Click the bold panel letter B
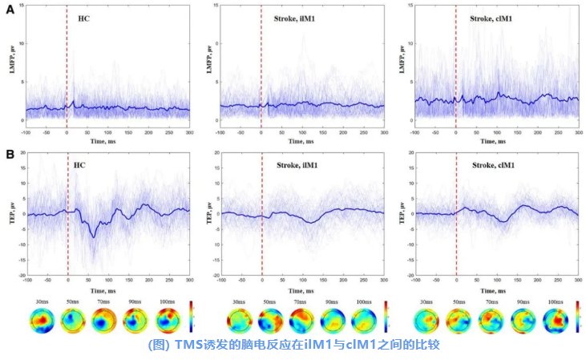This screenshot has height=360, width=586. [x=9, y=154]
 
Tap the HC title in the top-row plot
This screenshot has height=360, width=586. [x=84, y=17]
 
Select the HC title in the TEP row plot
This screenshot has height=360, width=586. [x=79, y=165]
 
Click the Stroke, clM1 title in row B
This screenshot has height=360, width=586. [x=493, y=165]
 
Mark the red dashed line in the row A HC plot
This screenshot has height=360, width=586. [x=67, y=64]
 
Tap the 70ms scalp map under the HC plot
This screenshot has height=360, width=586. [x=103, y=321]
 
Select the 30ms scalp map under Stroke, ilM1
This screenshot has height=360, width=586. [x=238, y=321]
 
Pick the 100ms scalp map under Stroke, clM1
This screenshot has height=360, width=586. [x=556, y=321]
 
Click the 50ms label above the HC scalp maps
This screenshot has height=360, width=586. [x=71, y=302]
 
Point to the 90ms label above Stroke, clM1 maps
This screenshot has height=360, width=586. [x=526, y=302]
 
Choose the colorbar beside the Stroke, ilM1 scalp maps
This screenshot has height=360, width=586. [x=386, y=318]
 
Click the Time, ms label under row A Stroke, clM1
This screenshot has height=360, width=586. [x=493, y=141]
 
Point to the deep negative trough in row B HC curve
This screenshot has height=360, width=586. [x=94, y=236]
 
